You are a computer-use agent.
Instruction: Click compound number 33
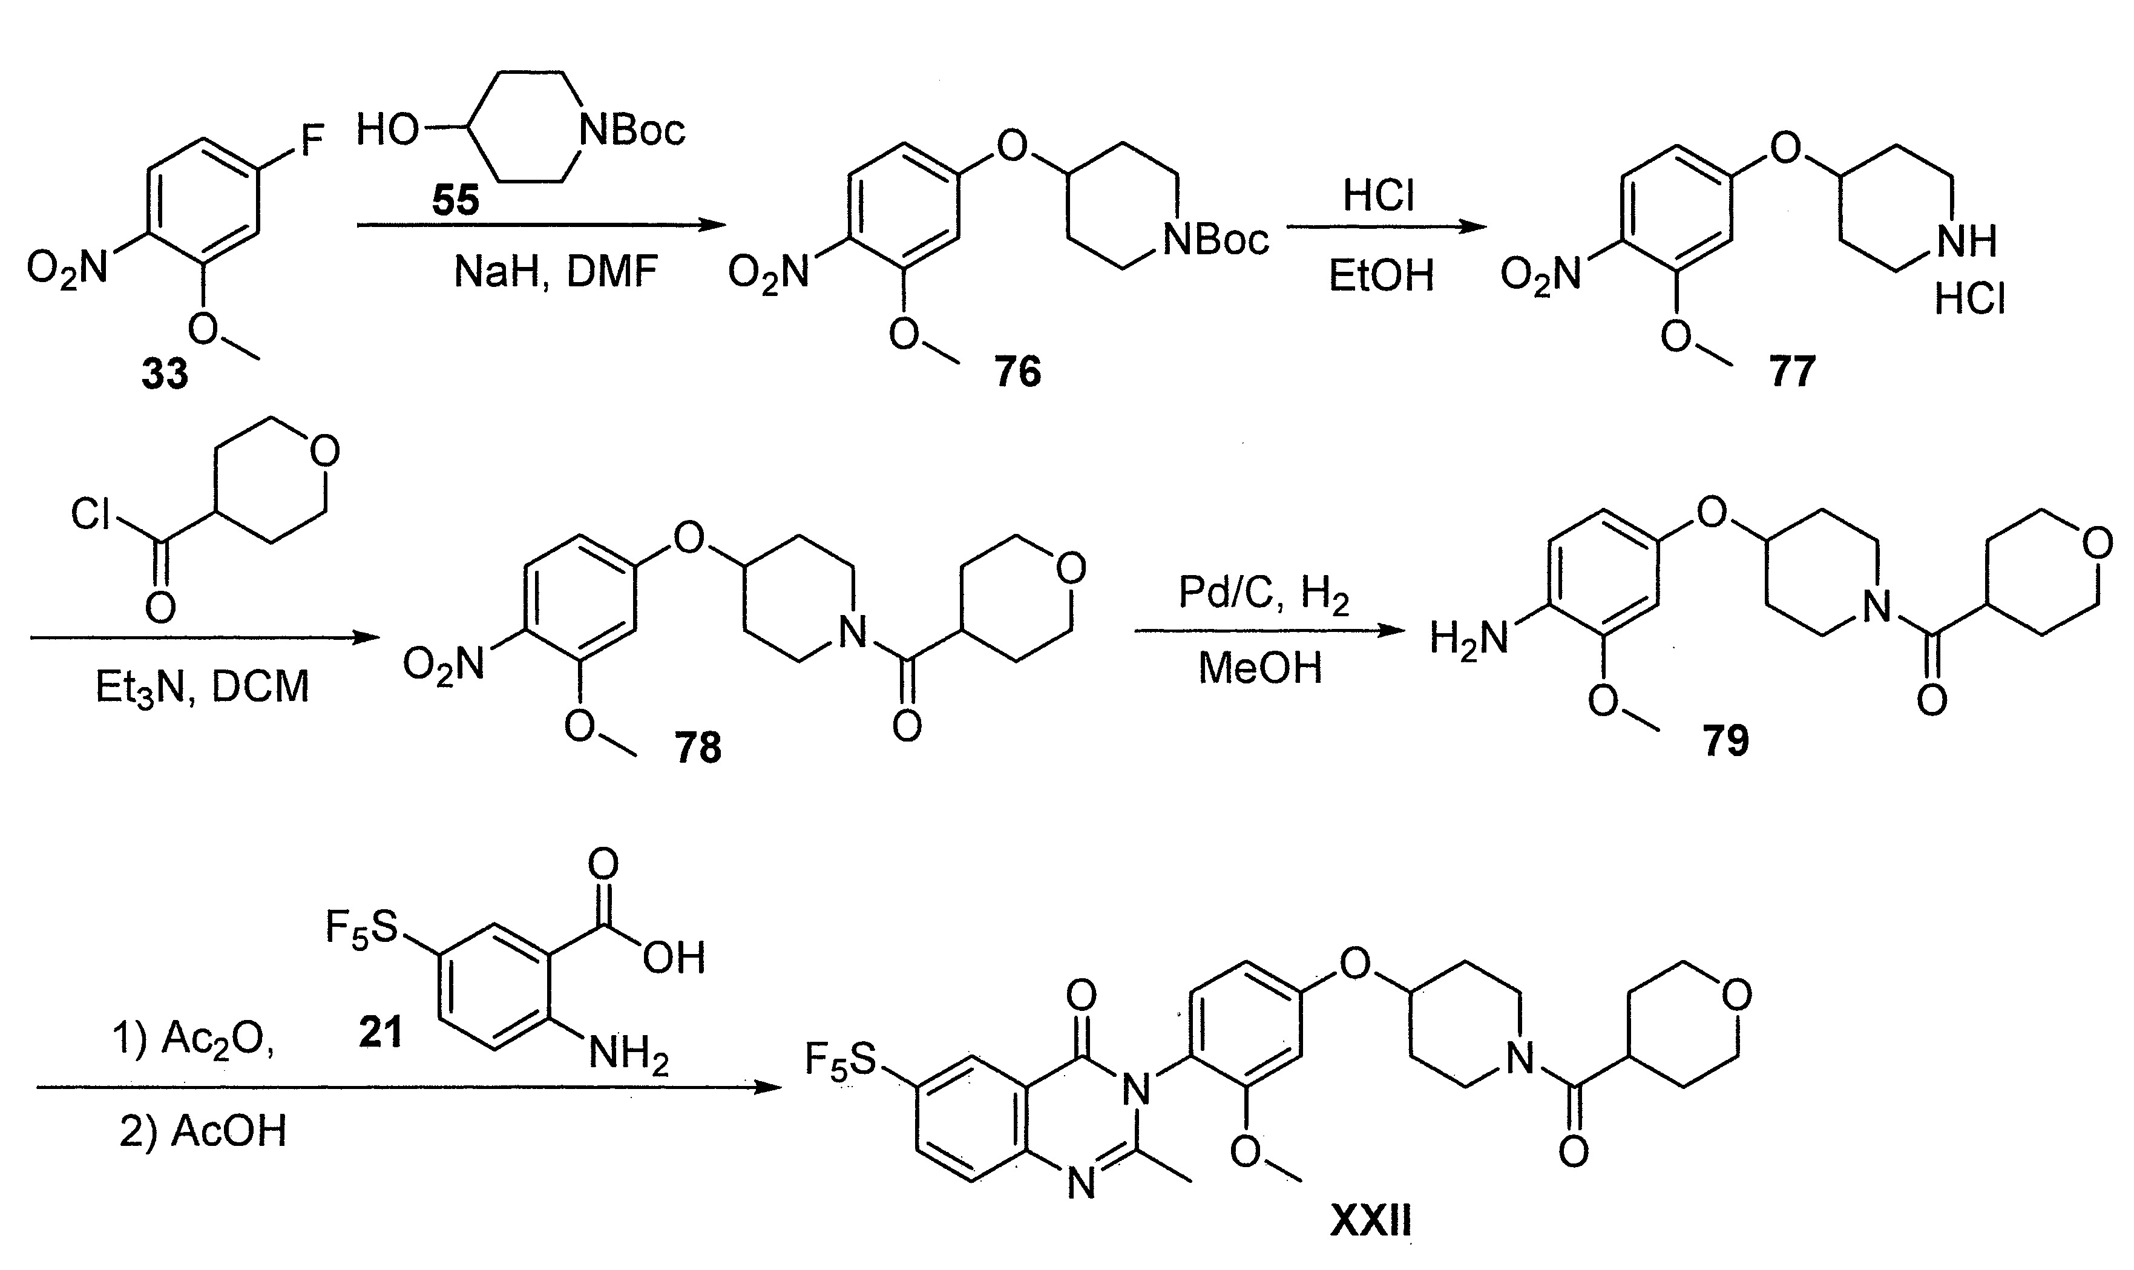(164, 374)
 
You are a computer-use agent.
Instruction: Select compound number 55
(455, 200)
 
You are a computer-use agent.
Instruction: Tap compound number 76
(1017, 372)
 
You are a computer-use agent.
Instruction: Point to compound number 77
(1791, 372)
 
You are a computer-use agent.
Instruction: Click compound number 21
(380, 1033)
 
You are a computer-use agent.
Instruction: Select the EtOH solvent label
(1380, 277)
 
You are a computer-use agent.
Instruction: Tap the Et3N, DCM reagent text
(202, 687)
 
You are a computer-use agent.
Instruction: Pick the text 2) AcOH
(202, 1131)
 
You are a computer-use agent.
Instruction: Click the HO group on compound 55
(387, 131)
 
